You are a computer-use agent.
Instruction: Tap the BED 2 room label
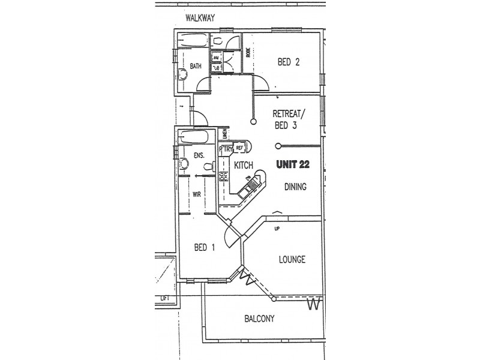(x=288, y=61)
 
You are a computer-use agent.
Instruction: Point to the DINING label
(x=295, y=187)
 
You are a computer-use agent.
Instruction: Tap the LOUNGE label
(x=292, y=260)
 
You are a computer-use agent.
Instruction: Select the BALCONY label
(x=259, y=319)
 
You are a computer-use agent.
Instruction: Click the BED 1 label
(x=205, y=247)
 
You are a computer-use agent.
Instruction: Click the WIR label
(x=196, y=194)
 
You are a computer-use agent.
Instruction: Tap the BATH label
(x=196, y=66)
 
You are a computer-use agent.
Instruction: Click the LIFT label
(x=164, y=298)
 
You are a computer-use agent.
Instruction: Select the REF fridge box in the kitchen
(x=239, y=148)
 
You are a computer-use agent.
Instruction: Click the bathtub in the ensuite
(x=194, y=137)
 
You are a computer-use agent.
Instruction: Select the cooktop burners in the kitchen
(x=224, y=176)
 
